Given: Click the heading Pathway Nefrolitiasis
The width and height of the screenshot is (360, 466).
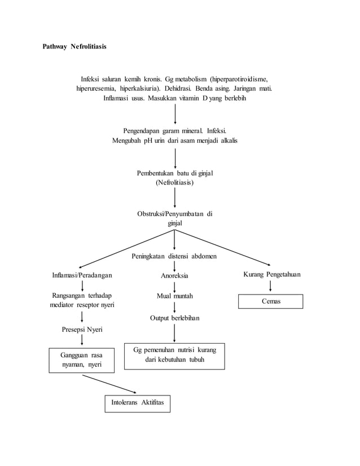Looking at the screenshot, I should (74, 46).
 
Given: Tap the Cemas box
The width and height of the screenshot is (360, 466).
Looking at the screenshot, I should (270, 302).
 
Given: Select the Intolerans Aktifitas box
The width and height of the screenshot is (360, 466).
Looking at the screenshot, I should (137, 404).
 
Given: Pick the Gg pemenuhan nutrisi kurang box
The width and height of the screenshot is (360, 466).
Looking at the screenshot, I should (174, 355).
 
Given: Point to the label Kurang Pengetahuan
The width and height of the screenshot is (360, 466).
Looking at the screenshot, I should (271, 275).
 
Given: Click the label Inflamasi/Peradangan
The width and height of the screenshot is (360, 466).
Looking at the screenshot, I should (82, 275).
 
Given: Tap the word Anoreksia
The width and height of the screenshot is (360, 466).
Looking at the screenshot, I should (174, 276).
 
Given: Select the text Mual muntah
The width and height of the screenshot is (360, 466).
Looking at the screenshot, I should (174, 296).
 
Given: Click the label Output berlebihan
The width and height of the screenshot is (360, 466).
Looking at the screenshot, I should (174, 318).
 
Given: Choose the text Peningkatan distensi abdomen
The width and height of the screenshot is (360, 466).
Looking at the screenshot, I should (174, 256).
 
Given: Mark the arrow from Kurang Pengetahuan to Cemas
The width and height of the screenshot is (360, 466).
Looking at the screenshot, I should (271, 286).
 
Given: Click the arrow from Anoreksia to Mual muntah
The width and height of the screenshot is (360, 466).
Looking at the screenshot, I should (174, 286).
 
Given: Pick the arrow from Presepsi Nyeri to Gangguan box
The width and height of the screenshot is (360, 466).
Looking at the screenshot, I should (82, 340).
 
